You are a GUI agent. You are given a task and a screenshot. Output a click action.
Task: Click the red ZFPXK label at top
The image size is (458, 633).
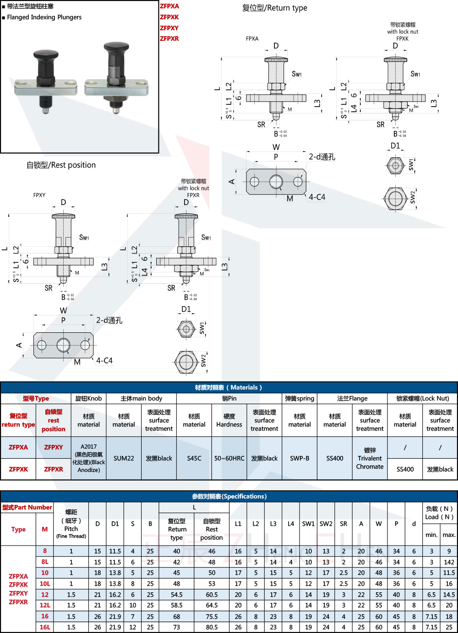[169, 17]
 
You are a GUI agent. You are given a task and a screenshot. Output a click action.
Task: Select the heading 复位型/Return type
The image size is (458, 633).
[274, 8]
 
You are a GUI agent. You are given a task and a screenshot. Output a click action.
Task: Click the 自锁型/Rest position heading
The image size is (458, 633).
[61, 165]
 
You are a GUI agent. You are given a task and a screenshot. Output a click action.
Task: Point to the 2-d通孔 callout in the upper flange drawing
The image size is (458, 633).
[322, 157]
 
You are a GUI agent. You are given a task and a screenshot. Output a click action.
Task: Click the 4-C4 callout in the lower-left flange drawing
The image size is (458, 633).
[104, 361]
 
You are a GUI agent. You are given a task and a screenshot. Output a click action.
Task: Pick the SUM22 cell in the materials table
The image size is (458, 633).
[124, 458]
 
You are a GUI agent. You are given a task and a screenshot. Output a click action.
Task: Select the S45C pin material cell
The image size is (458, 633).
[194, 458]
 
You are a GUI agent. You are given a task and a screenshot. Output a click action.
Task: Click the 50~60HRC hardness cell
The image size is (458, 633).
[229, 458]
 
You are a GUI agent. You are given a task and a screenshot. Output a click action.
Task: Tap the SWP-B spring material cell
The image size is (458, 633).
[300, 458]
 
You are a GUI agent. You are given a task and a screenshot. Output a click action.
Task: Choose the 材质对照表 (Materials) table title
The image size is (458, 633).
[229, 387]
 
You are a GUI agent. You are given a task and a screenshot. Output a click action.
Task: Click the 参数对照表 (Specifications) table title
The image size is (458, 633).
[229, 496]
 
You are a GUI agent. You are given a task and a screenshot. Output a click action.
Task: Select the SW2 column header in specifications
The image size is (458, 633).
[326, 524]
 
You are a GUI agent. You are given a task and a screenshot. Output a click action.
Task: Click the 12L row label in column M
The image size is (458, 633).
[44, 605]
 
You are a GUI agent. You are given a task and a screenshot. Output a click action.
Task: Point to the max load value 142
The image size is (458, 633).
[449, 562]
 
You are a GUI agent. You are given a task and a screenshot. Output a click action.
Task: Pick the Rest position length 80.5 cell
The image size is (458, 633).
[212, 627]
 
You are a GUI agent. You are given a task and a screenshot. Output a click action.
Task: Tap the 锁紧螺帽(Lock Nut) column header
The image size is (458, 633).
[422, 398]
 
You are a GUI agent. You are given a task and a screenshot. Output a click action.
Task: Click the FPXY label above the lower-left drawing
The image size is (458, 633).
[39, 195]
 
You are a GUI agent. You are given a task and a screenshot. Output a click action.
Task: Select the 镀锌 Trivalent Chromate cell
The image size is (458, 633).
[370, 458]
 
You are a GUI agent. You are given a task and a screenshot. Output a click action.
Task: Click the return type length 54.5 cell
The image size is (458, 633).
[177, 595]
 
